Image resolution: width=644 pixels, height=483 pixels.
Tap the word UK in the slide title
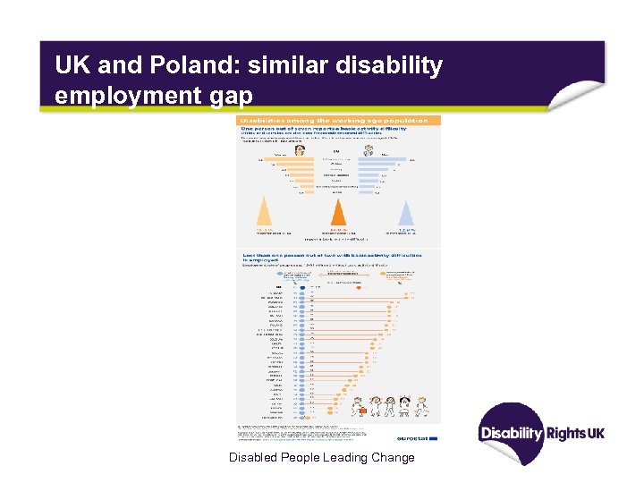point(70,65)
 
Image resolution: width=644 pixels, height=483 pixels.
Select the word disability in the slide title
point(390,65)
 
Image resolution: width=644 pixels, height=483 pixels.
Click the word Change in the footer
point(391,458)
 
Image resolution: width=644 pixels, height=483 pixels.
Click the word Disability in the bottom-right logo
point(512,433)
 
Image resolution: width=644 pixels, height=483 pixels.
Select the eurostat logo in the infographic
point(420,438)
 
